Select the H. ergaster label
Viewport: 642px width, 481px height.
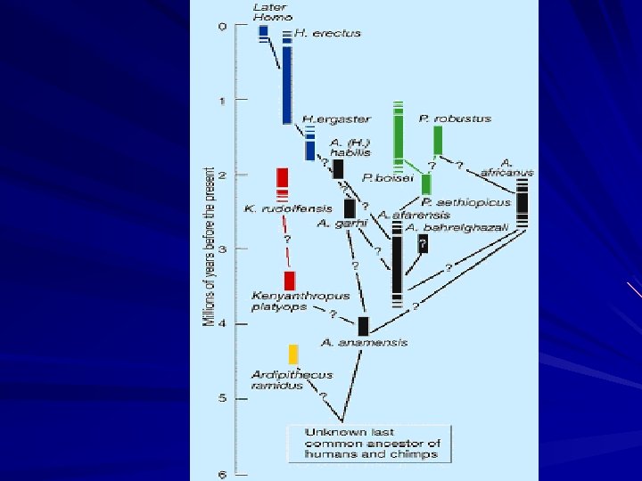[322, 118]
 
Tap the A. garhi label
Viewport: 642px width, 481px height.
[336, 223]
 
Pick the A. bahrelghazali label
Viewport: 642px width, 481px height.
[457, 228]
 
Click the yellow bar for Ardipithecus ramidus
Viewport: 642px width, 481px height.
[293, 355]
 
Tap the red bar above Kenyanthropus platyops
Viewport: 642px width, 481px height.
[290, 281]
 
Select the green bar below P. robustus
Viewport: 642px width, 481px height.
[438, 141]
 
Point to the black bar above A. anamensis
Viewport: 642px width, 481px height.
[363, 326]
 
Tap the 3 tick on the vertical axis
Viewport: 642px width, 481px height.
[223, 249]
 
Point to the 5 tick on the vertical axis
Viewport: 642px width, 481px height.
[223, 398]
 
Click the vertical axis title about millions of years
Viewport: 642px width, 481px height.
[209, 246]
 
